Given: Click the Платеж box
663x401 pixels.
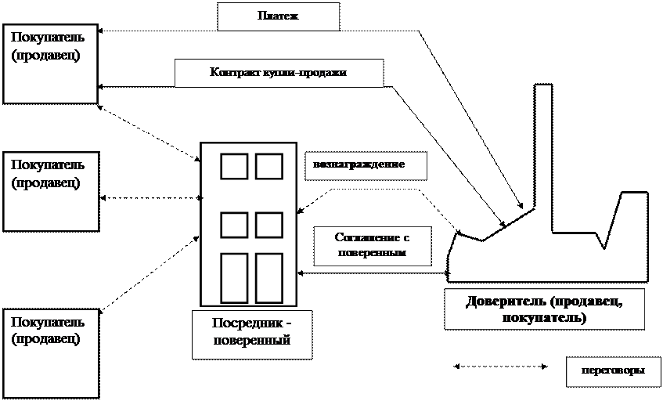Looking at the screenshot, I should point(278,16).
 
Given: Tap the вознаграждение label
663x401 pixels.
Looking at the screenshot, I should point(359,165).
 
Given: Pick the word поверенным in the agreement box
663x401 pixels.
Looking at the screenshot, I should point(372,254).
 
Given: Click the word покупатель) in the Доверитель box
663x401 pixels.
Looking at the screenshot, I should point(544,318).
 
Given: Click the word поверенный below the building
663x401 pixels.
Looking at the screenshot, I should point(252,341).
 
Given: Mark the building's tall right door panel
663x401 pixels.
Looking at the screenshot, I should point(268,277).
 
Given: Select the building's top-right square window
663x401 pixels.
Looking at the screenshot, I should point(268,167).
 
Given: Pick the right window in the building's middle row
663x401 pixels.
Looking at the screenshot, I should point(268,225).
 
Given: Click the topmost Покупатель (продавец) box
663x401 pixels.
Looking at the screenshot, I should point(50,64).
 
